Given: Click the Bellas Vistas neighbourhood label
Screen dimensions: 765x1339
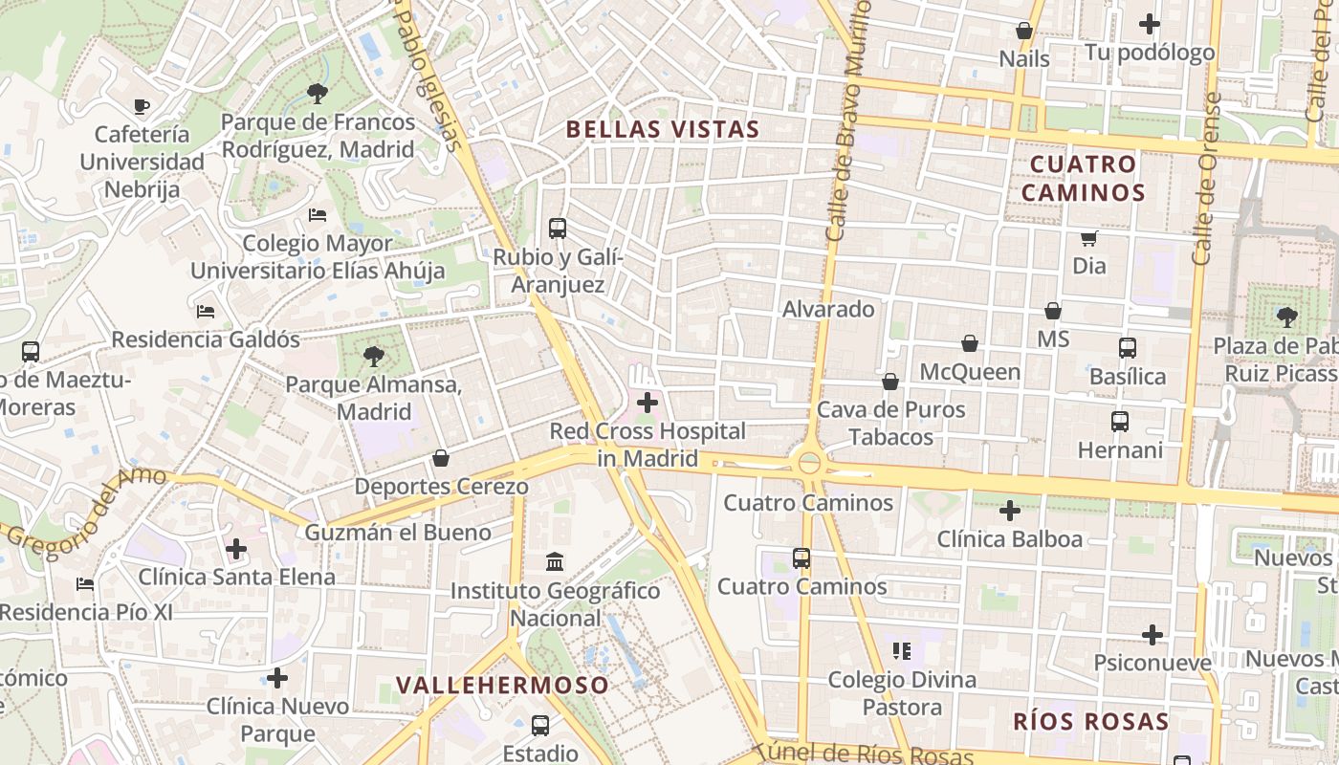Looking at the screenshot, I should (x=663, y=130).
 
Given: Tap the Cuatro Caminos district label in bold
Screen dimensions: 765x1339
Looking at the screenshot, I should (x=1083, y=178).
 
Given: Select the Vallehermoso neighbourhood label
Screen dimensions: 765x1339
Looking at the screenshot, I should (x=502, y=685).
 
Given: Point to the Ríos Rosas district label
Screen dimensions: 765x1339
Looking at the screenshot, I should (x=1090, y=721).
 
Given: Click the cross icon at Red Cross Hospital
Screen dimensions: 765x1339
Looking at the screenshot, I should (x=648, y=403).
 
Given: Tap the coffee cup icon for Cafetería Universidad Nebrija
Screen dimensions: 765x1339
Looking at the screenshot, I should (x=142, y=106).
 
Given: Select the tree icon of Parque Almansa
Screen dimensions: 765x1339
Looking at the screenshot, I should (x=373, y=357).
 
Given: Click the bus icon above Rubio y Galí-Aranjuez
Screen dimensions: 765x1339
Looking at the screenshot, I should (x=558, y=229).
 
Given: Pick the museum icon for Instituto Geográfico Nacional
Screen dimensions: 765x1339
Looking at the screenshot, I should (x=555, y=561).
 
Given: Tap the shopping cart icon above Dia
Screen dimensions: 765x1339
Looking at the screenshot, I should (x=1088, y=237).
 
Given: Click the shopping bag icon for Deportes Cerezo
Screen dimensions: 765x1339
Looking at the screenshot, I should (x=441, y=458).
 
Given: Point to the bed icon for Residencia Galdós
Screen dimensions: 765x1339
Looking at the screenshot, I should (x=206, y=311).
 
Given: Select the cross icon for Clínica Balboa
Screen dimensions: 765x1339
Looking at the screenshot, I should (x=1009, y=511).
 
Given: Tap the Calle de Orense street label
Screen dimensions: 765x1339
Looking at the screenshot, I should (x=1206, y=179).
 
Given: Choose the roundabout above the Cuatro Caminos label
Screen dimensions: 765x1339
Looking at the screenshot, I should (x=809, y=464).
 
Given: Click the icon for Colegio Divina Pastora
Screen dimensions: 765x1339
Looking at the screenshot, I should (x=902, y=651).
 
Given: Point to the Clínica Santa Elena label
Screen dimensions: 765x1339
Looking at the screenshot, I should (x=237, y=577).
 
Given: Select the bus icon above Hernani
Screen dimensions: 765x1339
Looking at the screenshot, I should (x=1120, y=421).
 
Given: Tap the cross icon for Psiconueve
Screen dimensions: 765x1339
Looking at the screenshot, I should (x=1152, y=635).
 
